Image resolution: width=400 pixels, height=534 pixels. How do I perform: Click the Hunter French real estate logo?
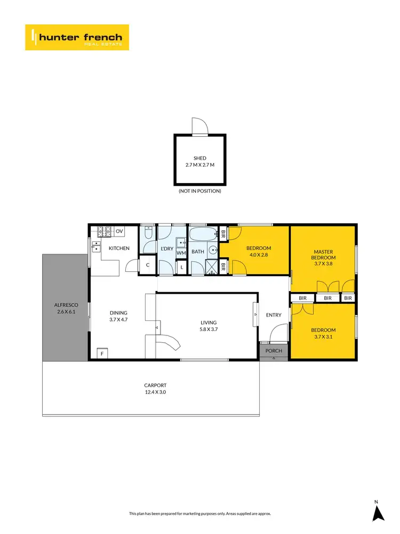coord(77,37)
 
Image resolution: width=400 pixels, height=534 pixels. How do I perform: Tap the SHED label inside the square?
coord(199,158)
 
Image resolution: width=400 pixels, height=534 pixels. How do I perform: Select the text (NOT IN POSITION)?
coord(199,191)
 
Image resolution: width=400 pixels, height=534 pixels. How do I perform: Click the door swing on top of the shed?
coord(198,127)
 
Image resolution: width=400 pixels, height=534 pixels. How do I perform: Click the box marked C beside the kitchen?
coord(147,264)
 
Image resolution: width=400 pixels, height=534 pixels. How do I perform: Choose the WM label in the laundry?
coord(181,253)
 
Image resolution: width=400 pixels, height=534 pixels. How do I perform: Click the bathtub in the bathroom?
coord(204,234)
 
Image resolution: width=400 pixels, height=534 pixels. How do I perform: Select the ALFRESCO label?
coord(65,305)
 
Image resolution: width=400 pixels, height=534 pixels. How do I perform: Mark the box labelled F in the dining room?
coord(102,354)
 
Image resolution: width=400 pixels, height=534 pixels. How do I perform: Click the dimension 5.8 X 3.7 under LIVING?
coord(208,329)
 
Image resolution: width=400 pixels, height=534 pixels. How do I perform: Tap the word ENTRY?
coord(274,315)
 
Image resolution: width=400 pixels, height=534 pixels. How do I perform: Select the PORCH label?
coord(274,351)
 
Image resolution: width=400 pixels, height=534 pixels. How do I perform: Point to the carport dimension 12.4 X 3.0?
coord(155,391)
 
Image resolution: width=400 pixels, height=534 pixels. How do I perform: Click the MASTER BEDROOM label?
coord(324,254)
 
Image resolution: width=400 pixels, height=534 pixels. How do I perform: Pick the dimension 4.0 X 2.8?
coord(259,255)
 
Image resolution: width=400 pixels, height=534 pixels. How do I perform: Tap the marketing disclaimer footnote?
coord(200,513)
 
